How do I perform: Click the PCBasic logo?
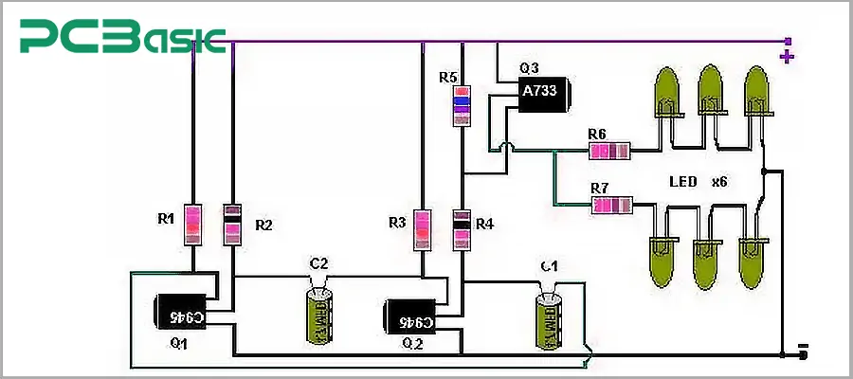(x=123, y=39)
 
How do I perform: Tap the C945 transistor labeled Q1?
(x=180, y=314)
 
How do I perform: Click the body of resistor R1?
(x=192, y=225)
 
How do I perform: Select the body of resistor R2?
(x=232, y=225)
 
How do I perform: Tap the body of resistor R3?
(x=422, y=228)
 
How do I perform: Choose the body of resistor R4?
(x=462, y=228)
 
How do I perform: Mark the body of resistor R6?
(x=609, y=152)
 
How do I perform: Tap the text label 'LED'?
(x=682, y=181)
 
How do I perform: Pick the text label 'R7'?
(x=600, y=188)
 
